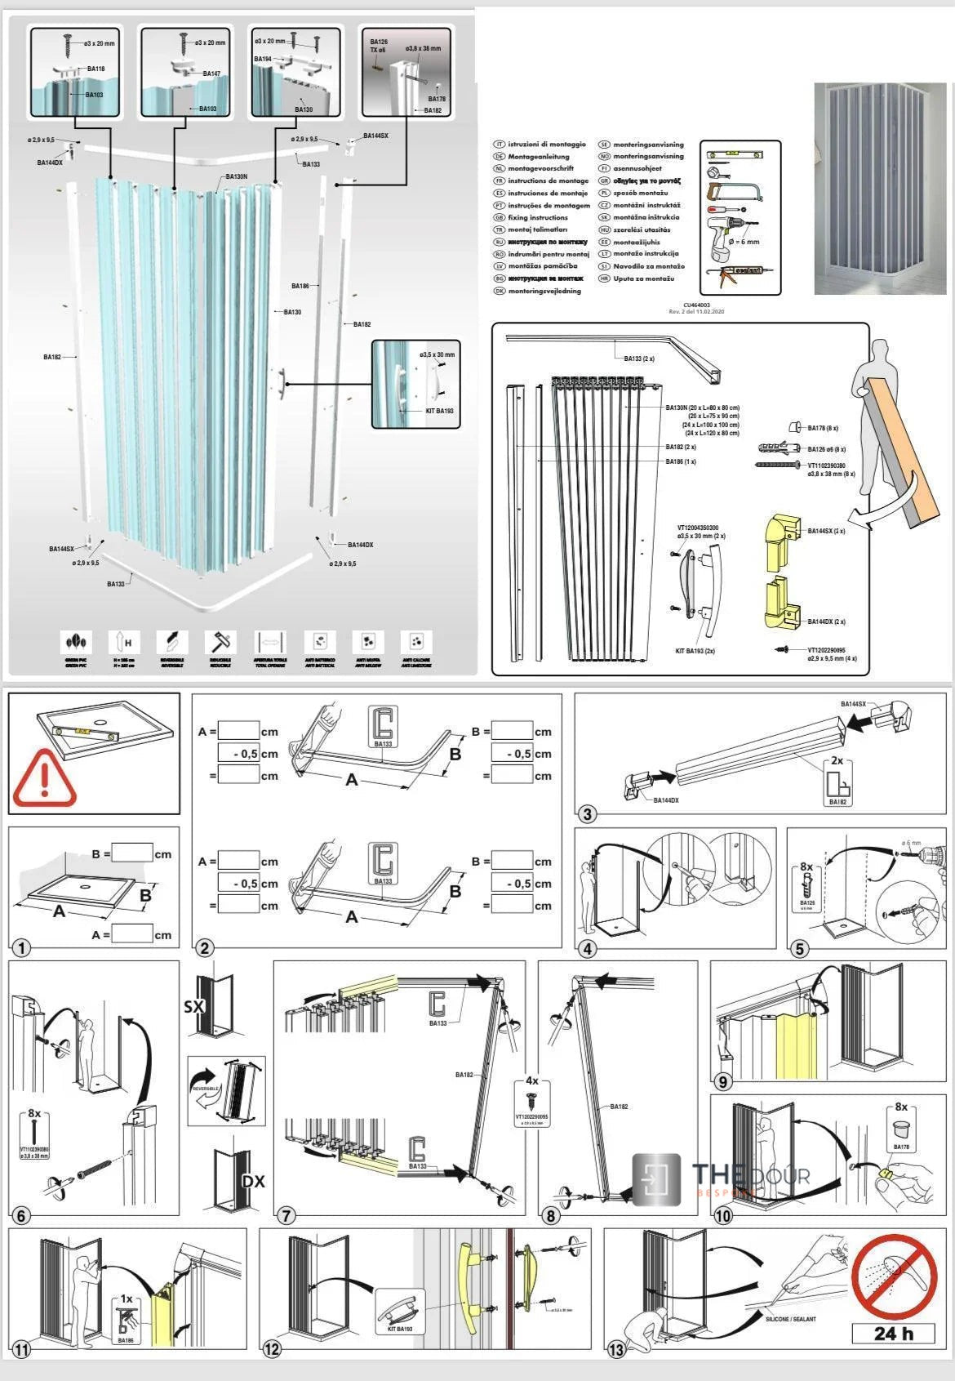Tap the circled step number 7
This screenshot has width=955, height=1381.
286,1215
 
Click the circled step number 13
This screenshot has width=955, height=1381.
616,1350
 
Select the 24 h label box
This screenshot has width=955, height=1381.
893,1334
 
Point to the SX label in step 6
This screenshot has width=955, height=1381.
194,1006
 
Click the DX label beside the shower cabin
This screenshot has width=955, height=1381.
253,1181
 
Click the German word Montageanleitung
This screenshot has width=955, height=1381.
538,156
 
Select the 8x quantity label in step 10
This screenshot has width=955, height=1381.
900,1107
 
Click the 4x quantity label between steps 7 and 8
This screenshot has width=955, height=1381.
531,1080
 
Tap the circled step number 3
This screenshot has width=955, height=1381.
587,813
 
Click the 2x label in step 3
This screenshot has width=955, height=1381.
837,760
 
